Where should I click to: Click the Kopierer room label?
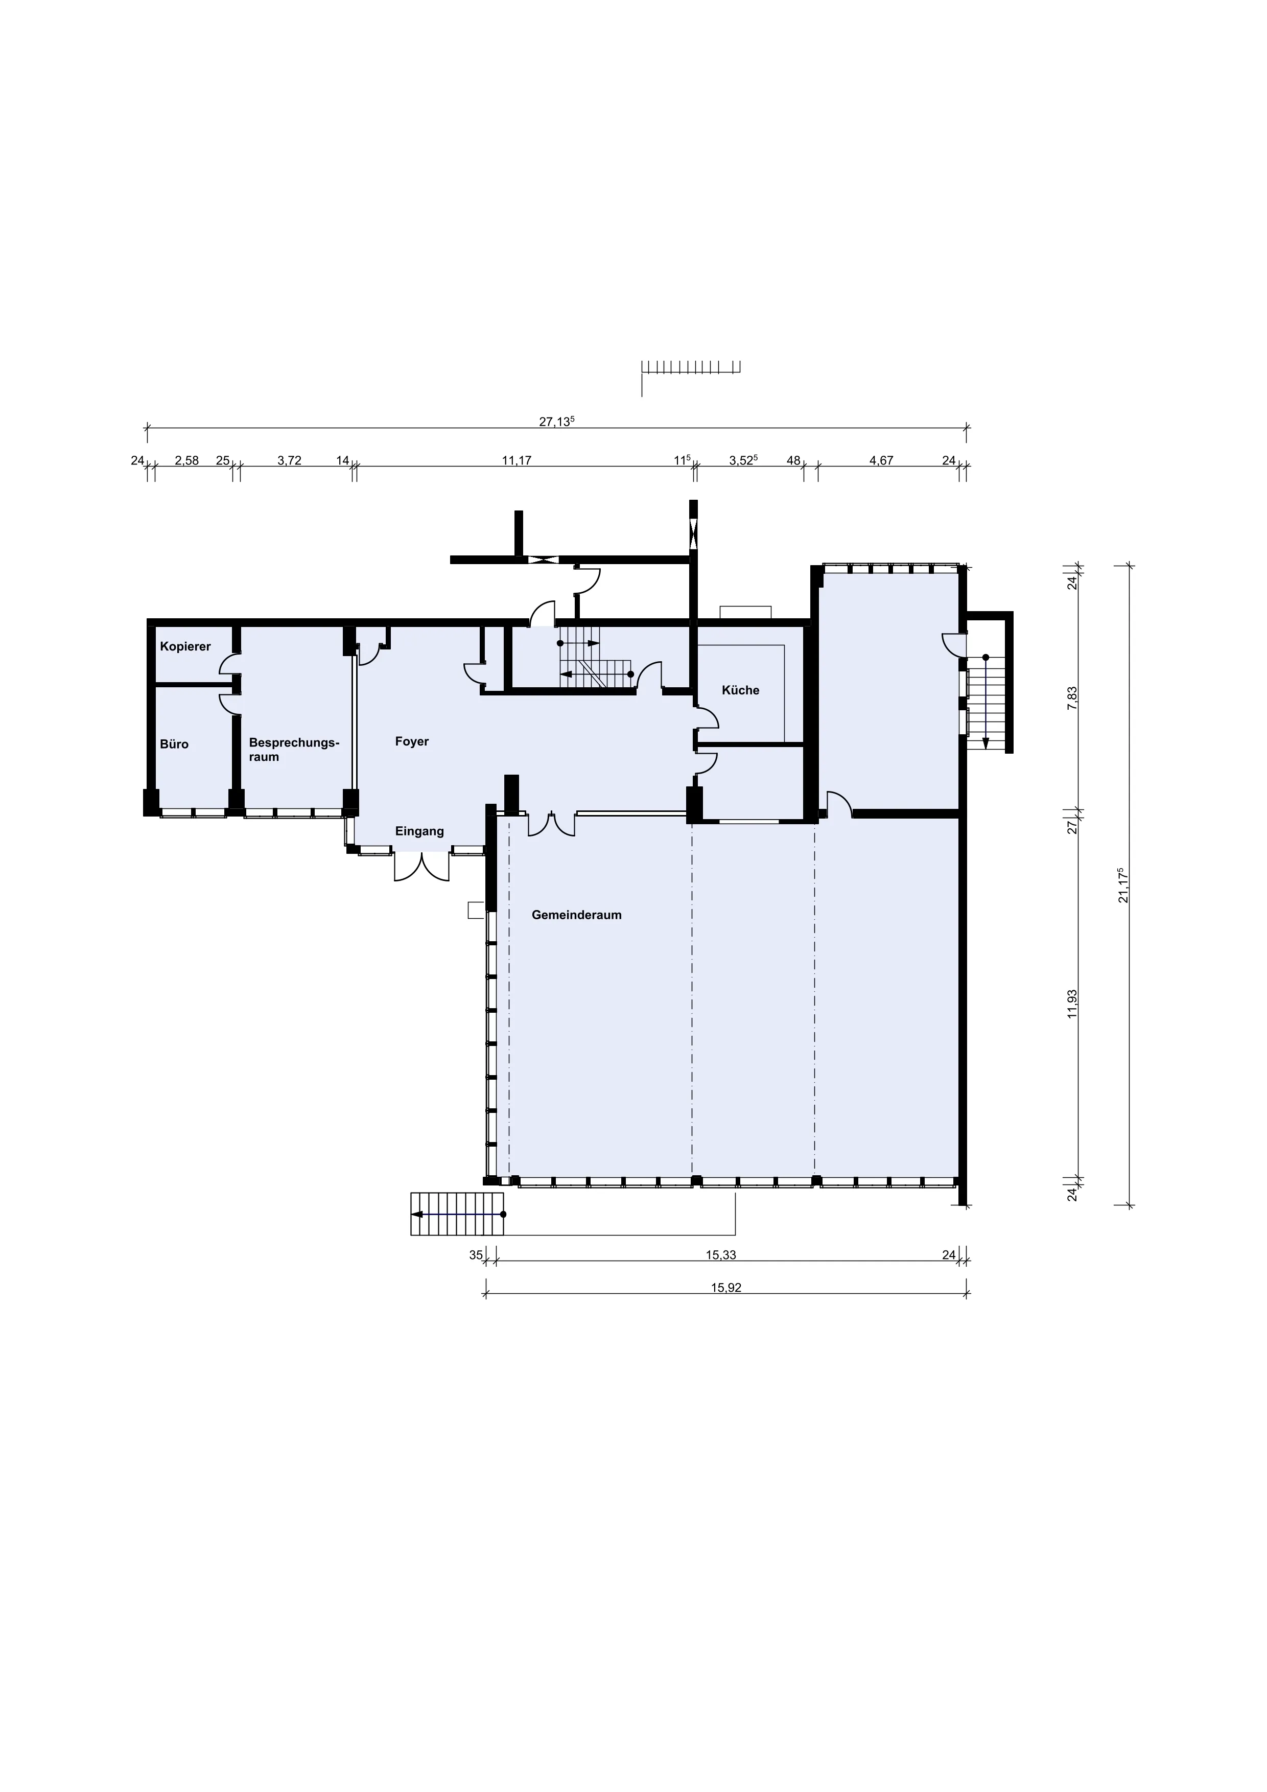point(185,647)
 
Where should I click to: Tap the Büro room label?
point(174,744)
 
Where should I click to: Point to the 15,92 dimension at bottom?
point(725,1289)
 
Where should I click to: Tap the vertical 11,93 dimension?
point(1073,1004)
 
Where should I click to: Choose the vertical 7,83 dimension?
point(1073,698)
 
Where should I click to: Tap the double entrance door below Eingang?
point(422,866)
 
